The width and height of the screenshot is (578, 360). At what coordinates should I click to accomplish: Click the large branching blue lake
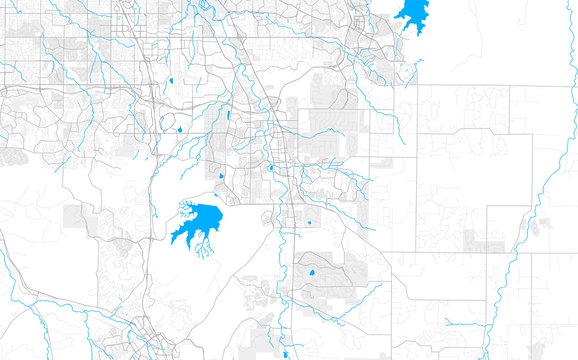pos(201,221)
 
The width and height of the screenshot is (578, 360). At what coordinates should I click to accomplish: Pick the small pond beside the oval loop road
pos(178,128)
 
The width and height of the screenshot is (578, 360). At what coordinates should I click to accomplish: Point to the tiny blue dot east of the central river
pos(309,222)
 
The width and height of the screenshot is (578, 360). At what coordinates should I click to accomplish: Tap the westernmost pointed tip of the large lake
pos(171,239)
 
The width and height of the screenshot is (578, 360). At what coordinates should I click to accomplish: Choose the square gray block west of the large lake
pos(76,216)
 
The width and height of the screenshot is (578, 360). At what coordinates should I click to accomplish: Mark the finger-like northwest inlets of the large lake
pos(186,208)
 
